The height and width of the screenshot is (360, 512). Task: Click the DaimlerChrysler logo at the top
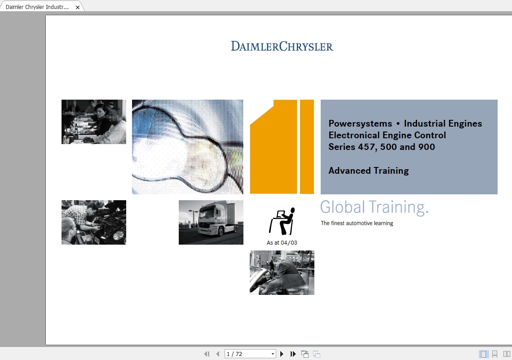click(282, 46)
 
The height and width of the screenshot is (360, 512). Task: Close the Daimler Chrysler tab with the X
click(78, 7)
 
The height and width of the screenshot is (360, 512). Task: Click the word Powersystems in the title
click(360, 124)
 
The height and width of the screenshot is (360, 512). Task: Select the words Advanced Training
click(369, 171)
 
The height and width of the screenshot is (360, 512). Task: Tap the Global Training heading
click(374, 207)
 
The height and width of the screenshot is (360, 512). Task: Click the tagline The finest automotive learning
click(357, 223)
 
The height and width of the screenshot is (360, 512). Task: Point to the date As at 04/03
click(282, 243)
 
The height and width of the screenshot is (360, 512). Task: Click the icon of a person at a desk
click(282, 221)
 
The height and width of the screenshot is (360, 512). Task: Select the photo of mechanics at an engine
click(94, 222)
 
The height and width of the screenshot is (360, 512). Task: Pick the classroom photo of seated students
click(94, 122)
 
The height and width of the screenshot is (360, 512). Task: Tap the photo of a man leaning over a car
click(282, 273)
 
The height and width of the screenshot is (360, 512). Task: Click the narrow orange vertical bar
click(307, 147)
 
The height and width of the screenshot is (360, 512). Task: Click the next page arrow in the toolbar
click(282, 354)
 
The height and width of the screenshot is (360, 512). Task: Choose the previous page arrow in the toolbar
click(218, 354)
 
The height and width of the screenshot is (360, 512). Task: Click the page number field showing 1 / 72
click(250, 354)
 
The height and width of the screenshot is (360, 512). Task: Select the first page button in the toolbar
click(207, 354)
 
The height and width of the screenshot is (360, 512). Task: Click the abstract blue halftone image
click(187, 147)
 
